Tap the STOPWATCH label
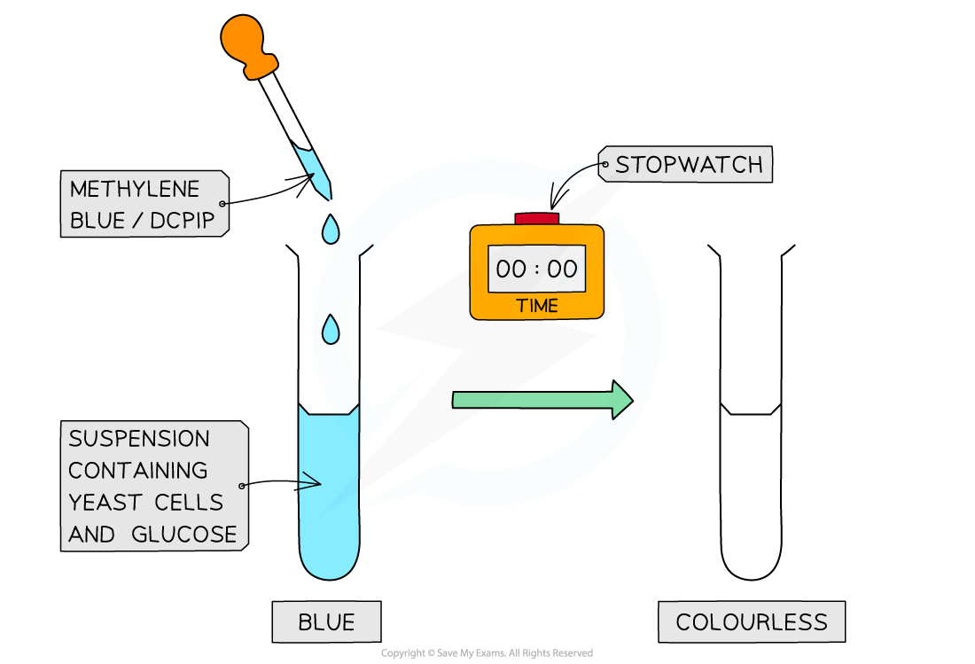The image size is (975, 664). (689, 165)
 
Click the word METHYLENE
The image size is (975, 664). (135, 189)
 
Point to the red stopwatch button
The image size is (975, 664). (537, 218)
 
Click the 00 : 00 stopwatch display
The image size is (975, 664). (536, 269)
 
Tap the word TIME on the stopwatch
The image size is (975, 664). (537, 306)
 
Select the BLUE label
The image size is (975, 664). (326, 622)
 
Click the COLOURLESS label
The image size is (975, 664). (751, 622)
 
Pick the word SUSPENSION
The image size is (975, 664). (139, 439)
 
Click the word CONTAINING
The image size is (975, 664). (138, 471)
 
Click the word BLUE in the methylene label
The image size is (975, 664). (93, 221)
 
